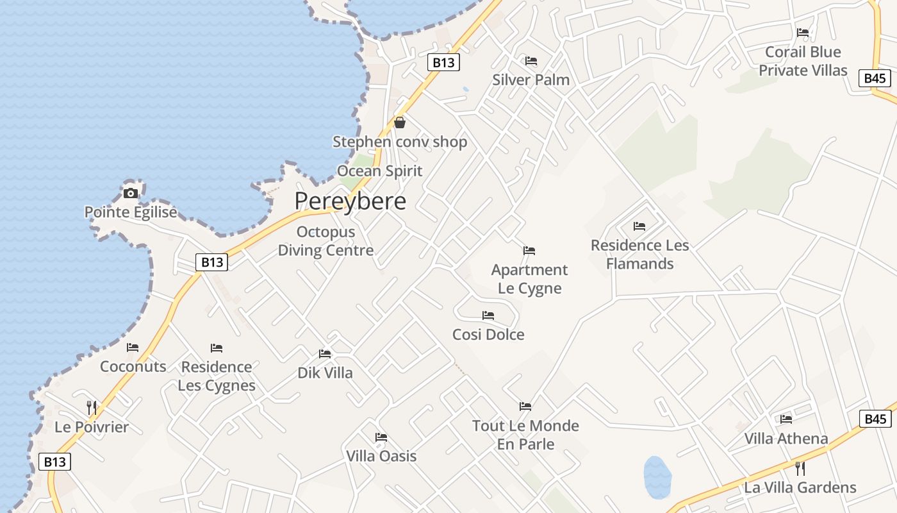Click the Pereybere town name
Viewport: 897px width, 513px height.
pos(350,201)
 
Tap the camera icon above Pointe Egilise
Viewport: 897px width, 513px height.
pos(131,193)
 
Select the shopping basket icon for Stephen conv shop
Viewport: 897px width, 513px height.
pos(400,122)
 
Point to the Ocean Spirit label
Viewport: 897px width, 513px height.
pos(380,171)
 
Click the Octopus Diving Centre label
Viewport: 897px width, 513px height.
pos(325,241)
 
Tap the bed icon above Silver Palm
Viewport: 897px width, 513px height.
pos(531,61)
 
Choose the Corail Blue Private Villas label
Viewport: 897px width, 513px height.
pos(803,61)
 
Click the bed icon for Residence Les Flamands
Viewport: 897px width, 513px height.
pos(639,226)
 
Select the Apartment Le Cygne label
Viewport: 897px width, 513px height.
pos(529,279)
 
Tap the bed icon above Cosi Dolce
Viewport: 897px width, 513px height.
pos(488,315)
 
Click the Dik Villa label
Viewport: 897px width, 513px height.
pos(325,373)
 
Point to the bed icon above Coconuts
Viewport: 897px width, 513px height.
pos(133,348)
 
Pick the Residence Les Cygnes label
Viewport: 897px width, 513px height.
pos(217,376)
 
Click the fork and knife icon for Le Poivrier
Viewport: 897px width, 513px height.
pos(92,407)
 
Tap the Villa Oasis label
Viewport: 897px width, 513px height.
pos(381,456)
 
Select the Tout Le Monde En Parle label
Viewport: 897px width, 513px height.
pos(525,435)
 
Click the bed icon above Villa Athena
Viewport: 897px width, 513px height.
pos(786,419)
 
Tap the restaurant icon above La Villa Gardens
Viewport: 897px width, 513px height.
pos(800,468)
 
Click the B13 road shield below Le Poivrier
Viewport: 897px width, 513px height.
pos(54,462)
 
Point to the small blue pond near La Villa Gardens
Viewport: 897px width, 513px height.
pos(657,478)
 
